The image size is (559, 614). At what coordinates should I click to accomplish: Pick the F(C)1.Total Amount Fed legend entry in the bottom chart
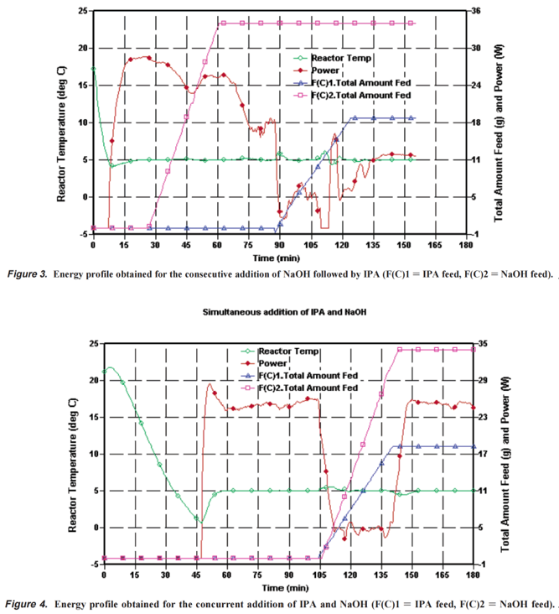click(x=308, y=376)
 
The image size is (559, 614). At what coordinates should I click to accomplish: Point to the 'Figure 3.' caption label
click(x=28, y=273)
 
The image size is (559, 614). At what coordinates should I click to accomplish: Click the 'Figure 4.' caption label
click(x=28, y=604)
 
